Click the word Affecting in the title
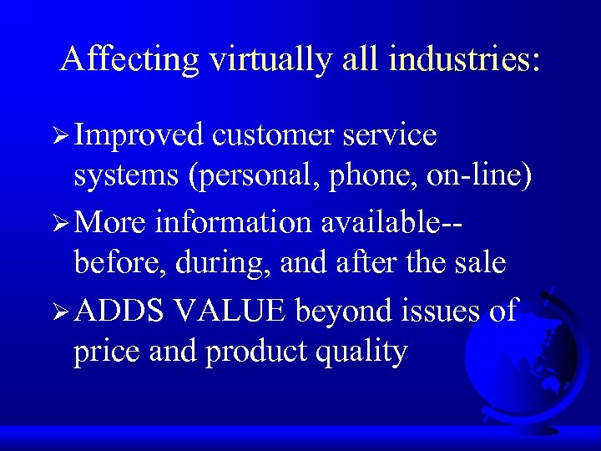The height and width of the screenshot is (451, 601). coord(129,59)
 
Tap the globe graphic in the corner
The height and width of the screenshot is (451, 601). coord(521,359)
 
